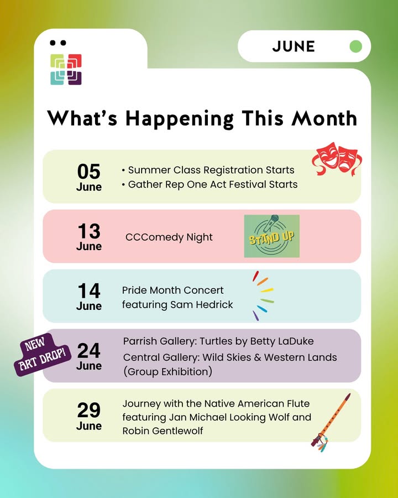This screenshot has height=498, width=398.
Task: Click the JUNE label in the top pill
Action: tap(294, 46)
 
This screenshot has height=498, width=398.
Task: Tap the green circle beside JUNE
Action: tap(355, 46)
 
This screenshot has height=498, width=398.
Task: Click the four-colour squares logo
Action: tap(66, 69)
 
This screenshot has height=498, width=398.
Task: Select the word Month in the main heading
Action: tap(324, 118)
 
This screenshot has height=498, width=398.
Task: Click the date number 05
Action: tap(89, 172)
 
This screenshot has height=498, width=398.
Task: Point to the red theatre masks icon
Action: tap(337, 159)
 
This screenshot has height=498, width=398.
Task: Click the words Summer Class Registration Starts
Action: tap(211, 170)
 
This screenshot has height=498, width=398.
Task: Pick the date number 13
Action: tap(89, 231)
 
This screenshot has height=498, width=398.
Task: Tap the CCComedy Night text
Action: tap(169, 237)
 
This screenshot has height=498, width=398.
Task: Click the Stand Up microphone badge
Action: tap(271, 236)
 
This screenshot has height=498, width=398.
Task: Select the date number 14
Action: tap(89, 290)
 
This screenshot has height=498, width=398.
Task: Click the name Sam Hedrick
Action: tap(202, 304)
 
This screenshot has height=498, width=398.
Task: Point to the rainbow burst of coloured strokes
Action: tap(263, 295)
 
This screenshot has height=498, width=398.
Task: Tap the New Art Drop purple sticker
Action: tap(42, 355)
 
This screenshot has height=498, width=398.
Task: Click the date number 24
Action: tap(89, 350)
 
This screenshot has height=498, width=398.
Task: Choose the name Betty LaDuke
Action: tap(282, 341)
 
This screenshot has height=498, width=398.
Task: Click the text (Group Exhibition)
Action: tap(167, 372)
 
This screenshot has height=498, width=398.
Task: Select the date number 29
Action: tap(89, 410)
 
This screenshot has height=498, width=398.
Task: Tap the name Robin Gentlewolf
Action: tap(163, 431)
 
